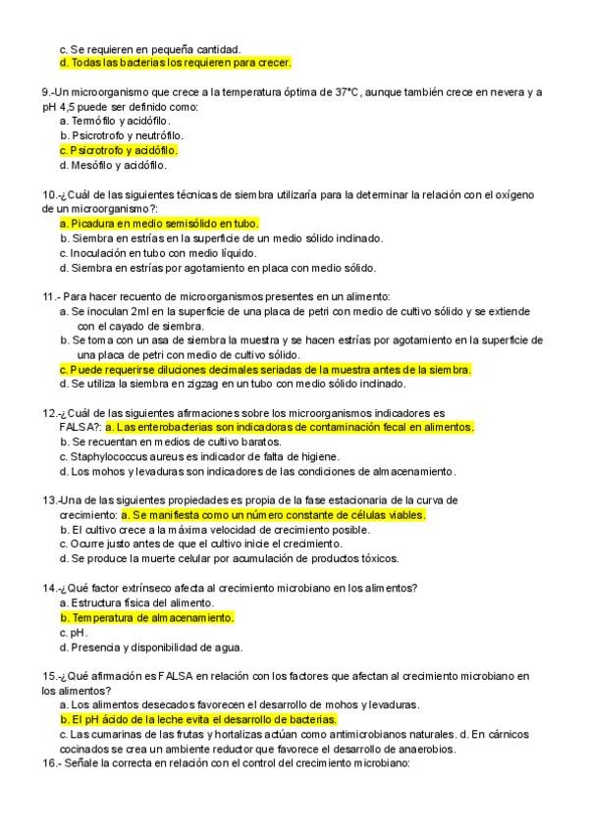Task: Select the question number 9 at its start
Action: click(x=47, y=91)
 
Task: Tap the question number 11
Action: click(x=50, y=296)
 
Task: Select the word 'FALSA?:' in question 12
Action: click(x=80, y=428)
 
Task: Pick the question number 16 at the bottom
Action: click(x=50, y=762)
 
